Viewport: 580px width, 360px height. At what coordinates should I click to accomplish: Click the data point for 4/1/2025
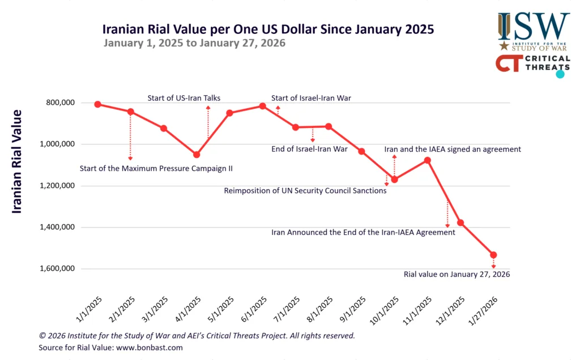point(197,155)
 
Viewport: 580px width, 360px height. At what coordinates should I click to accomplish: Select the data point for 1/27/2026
point(493,255)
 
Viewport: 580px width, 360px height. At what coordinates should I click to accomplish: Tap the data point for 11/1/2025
point(427,160)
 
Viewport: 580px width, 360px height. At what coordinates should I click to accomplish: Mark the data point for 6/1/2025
point(262,106)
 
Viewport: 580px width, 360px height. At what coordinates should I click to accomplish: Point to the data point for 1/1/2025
point(97,104)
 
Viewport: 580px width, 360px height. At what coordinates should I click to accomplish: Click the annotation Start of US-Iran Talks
point(184,98)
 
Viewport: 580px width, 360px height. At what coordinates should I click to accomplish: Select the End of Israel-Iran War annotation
point(310,149)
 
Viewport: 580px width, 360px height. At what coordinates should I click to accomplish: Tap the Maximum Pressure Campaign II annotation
point(156,168)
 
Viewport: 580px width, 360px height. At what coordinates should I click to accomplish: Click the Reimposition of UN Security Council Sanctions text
point(305,191)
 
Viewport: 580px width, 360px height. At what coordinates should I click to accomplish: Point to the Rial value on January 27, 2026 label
point(457,274)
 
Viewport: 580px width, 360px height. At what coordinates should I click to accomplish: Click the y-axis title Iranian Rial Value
point(17,161)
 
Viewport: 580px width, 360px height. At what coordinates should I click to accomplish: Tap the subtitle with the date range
point(194,43)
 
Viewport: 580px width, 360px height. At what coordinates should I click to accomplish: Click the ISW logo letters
point(534,25)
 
